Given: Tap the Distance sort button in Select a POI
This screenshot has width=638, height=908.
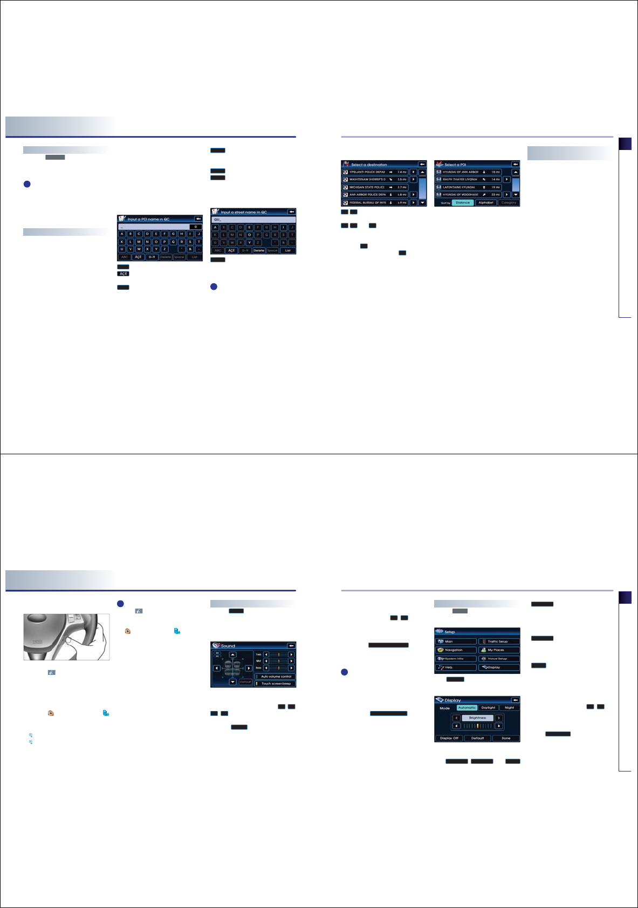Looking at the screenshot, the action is (462, 203).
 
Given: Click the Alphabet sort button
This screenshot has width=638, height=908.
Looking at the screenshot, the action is (485, 203).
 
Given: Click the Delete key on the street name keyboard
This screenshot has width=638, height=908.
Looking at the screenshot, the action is (259, 250).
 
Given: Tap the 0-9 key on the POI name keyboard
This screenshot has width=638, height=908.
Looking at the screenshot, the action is (152, 257).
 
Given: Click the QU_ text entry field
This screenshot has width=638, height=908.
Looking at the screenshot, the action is (253, 220).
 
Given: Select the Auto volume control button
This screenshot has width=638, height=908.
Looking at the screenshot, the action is (275, 677).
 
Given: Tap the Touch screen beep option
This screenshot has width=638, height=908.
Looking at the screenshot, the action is (275, 684).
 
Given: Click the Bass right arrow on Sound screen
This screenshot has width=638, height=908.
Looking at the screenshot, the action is (291, 668).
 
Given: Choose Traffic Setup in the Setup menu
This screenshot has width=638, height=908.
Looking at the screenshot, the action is (498, 641).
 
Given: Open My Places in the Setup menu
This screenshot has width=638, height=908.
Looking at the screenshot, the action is (498, 650).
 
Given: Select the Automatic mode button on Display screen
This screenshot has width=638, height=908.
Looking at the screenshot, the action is (467, 708).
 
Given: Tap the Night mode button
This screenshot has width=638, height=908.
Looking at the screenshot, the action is (509, 708).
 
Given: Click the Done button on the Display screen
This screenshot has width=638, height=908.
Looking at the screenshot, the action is (505, 738).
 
